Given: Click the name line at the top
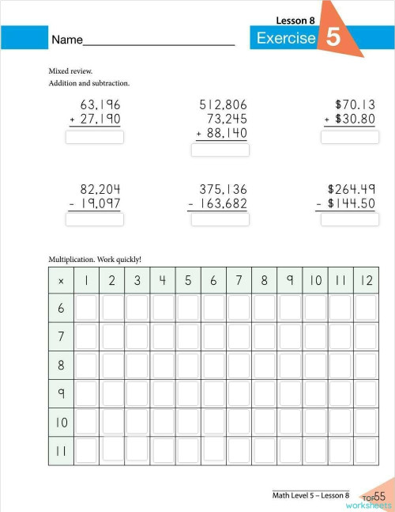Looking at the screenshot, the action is tap(158, 44).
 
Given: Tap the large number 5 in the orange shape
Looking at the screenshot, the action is tap(333, 39).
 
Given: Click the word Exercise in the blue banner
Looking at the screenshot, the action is tap(286, 39).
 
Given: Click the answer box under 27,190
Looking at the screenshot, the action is tap(95, 137).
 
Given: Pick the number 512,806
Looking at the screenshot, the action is tap(222, 104).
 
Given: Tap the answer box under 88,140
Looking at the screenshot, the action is tap(220, 150).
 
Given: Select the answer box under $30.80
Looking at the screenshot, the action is tap(349, 137).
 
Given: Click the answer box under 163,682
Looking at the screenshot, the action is tap(220, 219).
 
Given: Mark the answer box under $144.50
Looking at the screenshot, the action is tap(349, 219).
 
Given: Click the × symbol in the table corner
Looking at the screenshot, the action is tap(61, 281).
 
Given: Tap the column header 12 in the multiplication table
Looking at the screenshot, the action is tap(366, 281).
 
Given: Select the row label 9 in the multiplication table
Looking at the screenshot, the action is tap(61, 393).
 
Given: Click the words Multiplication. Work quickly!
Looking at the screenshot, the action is tap(95, 258).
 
